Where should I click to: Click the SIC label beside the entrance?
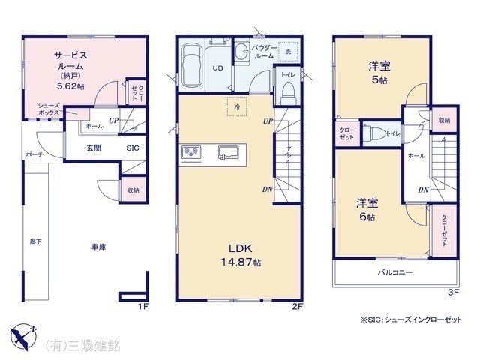coord(132,148)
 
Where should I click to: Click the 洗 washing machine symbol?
coord(288,52)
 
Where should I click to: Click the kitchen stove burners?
coord(190,154)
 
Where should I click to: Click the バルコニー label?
coord(394,273)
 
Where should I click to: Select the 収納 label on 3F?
coord(445,121)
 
